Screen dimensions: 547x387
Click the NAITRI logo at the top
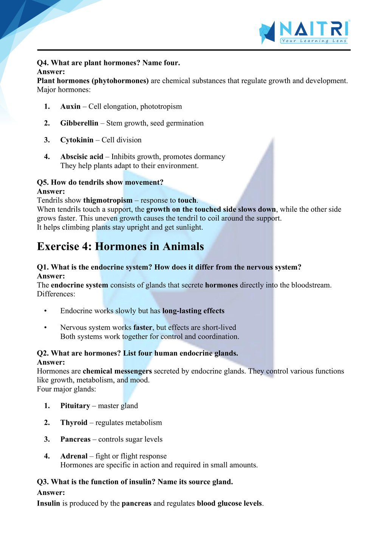[304, 32]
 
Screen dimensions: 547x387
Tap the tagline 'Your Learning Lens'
[314, 41]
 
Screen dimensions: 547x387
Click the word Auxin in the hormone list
[70, 106]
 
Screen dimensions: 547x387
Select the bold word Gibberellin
[79, 123]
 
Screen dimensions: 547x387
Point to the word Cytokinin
[77, 140]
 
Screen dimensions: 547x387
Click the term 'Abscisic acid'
[82, 157]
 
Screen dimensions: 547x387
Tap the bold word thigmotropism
[108, 200]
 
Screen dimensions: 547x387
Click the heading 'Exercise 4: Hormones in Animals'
[120, 247]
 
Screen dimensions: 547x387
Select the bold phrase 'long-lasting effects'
[193, 311]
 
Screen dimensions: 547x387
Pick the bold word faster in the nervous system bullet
[142, 328]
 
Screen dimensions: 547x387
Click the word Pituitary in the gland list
[75, 406]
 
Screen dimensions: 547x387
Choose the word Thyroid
[74, 423]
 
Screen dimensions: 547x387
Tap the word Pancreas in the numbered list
[75, 439]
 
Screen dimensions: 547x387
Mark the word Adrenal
[74, 456]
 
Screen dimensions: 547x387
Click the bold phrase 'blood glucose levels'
[229, 504]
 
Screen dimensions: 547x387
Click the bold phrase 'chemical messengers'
[117, 371]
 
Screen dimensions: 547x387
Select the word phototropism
[161, 106]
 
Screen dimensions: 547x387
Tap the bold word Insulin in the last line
[48, 504]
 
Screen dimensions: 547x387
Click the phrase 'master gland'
[118, 406]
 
